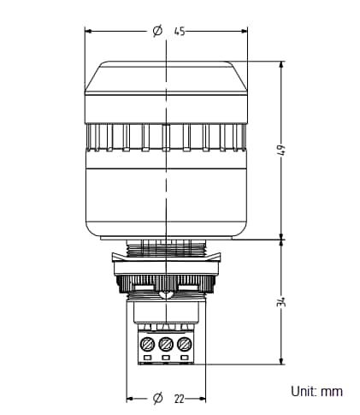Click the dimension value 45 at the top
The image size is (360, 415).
pyautogui.click(x=180, y=31)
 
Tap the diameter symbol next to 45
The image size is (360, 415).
pyautogui.click(x=157, y=31)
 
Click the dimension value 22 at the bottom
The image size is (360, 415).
pyautogui.click(x=180, y=399)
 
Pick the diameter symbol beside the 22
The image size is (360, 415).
pyautogui.click(x=157, y=399)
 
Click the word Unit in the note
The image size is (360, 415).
pyautogui.click(x=302, y=391)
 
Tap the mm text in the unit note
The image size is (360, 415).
pyautogui.click(x=332, y=391)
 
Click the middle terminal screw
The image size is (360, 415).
pyautogui.click(x=166, y=344)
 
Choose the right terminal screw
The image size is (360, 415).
pyautogui.click(x=184, y=344)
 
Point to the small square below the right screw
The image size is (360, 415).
pyautogui.click(x=184, y=358)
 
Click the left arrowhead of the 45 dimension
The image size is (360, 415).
pyautogui.click(x=88, y=31)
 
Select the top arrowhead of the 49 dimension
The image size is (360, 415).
pyautogui.click(x=281, y=65)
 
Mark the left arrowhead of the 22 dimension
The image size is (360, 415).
pyautogui.click(x=130, y=399)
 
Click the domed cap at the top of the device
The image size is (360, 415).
pyautogui.click(x=166, y=77)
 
